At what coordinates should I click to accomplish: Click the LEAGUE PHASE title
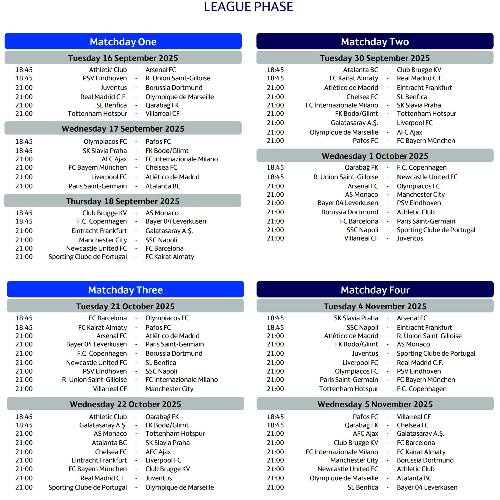(248, 7)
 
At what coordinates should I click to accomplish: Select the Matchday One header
(123, 42)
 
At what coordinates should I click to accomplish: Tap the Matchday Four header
(375, 290)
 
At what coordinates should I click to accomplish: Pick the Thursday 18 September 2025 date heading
(123, 201)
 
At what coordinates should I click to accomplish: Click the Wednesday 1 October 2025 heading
(375, 156)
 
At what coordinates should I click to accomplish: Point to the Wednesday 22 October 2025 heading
(125, 404)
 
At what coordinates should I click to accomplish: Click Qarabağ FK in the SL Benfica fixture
(162, 105)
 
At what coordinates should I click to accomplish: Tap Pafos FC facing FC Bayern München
(365, 141)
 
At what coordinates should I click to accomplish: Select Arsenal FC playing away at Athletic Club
(160, 70)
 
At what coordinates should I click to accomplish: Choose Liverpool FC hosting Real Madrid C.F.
(360, 363)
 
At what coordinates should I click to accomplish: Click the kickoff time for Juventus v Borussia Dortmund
(24, 88)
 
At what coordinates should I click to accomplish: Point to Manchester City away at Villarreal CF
(169, 389)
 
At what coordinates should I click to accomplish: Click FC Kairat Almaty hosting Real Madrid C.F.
(354, 78)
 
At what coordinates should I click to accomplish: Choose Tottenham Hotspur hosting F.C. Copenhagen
(348, 389)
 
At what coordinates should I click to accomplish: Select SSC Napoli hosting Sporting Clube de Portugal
(362, 230)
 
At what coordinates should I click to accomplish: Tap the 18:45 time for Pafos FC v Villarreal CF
(275, 417)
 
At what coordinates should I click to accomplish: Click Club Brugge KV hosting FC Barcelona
(356, 443)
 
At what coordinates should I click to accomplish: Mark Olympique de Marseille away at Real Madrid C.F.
(179, 97)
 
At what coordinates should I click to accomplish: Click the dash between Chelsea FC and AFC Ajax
(136, 452)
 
